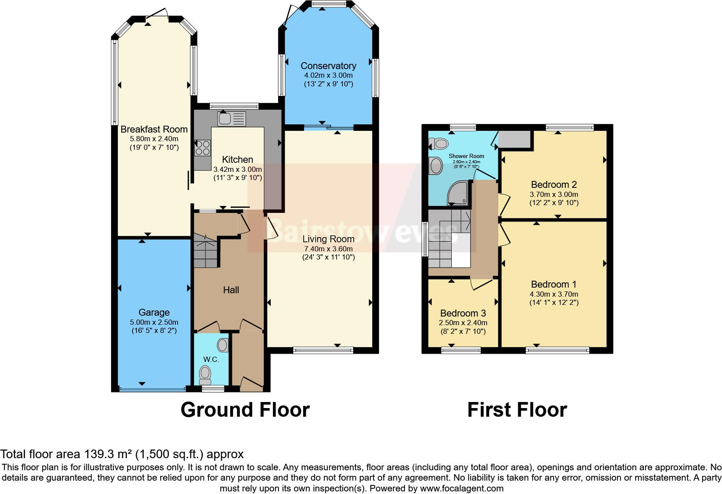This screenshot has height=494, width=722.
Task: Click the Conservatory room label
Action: click(x=328, y=66)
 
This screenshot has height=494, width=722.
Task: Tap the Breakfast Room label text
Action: click(x=154, y=129)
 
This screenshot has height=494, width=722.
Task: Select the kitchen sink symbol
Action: click(x=231, y=118)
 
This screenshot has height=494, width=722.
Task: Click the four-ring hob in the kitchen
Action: click(x=203, y=148)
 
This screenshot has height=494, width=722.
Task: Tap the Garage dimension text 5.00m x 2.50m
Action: click(x=154, y=322)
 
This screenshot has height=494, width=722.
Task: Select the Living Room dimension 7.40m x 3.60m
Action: click(x=328, y=249)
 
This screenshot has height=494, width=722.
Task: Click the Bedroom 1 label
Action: click(x=554, y=284)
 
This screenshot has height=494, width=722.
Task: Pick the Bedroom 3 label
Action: click(x=463, y=313)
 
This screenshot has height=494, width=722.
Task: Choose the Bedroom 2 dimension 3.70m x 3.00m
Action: click(x=554, y=194)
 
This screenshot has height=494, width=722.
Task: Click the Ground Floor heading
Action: click(x=245, y=410)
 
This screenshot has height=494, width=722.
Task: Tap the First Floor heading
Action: click(x=517, y=410)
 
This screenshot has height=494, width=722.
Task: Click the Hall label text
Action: click(x=231, y=290)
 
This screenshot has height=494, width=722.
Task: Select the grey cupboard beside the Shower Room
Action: click(x=515, y=139)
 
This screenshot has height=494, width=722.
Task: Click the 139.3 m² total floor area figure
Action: click(x=107, y=454)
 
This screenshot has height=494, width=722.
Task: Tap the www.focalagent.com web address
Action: click(x=462, y=489)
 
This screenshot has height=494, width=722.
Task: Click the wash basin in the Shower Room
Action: click(x=436, y=165)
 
